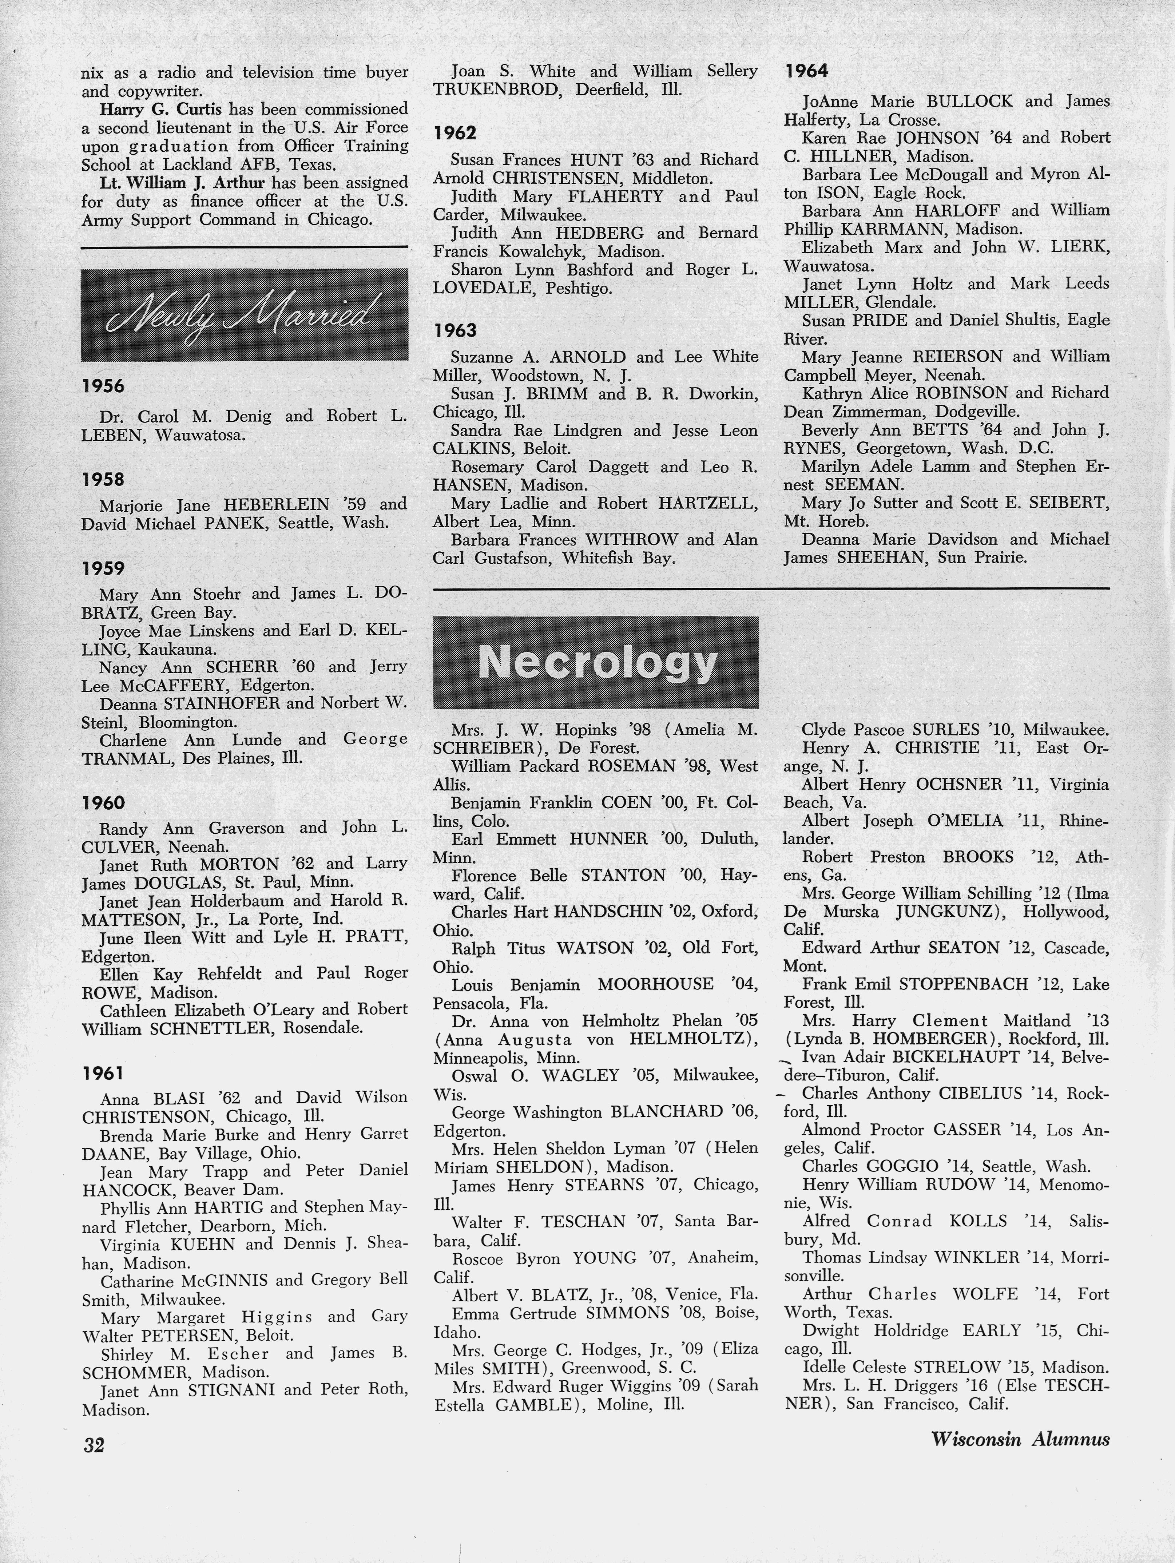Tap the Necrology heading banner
(596, 662)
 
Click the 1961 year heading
(103, 1073)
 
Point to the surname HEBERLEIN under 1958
(276, 504)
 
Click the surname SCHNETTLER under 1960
(210, 1028)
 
